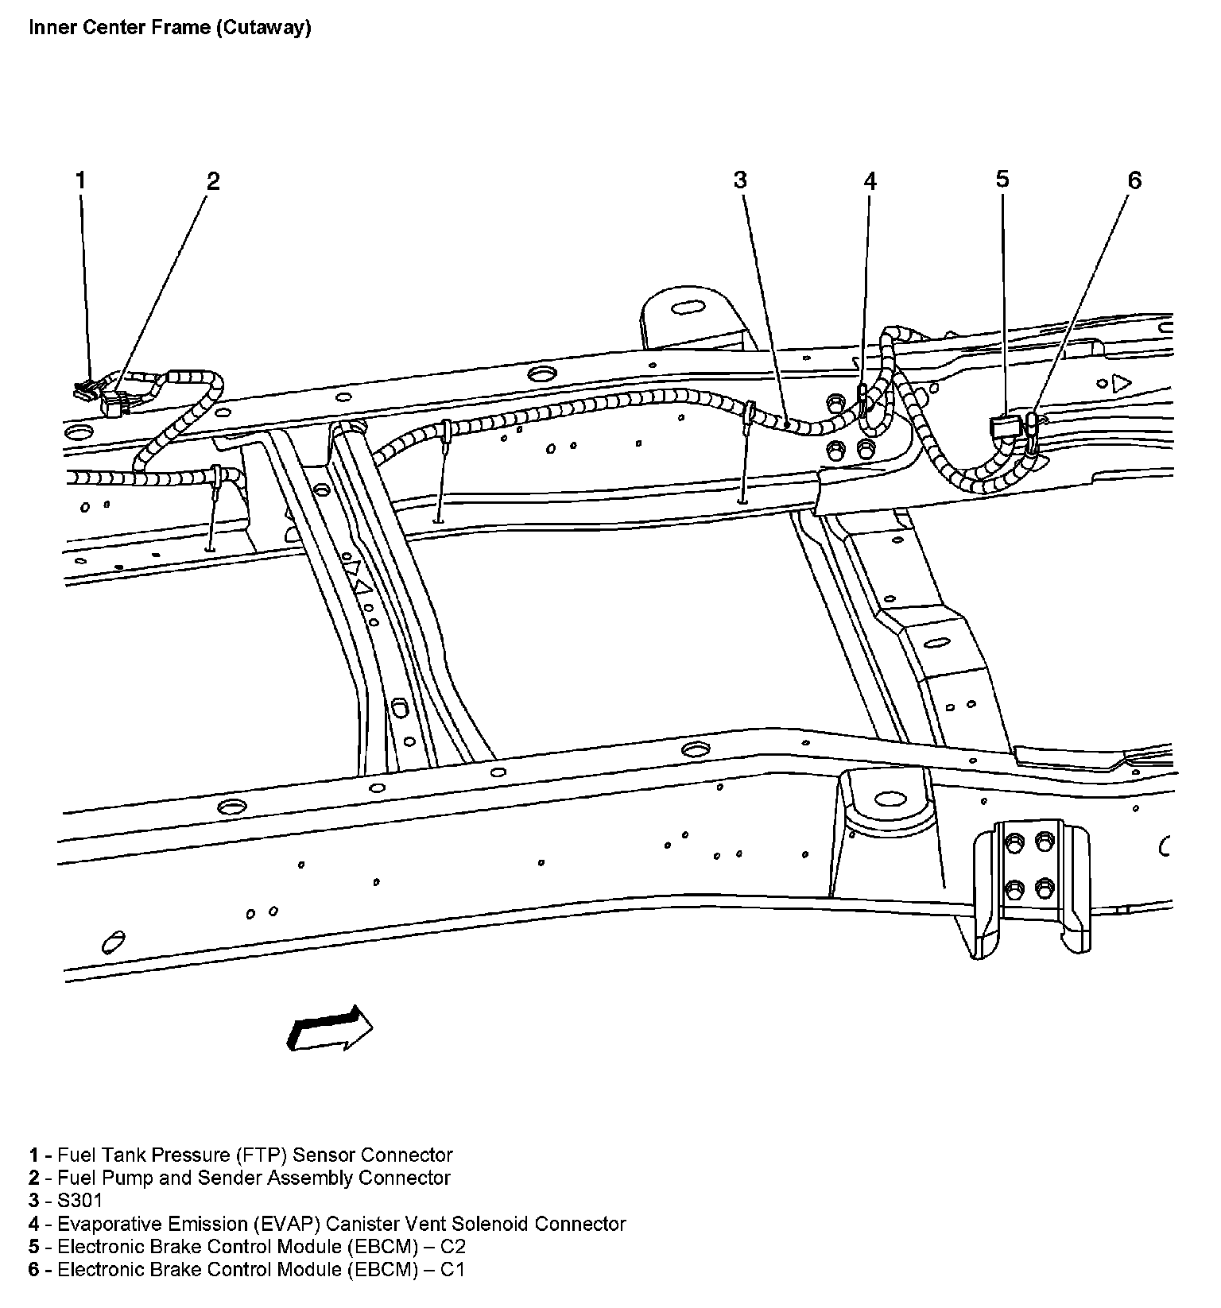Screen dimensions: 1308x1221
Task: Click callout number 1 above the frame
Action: pos(80,180)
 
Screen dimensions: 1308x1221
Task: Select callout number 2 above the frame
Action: pos(212,181)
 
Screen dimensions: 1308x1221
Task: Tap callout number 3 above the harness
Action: pos(740,180)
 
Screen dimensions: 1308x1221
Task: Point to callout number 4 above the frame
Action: pos(870,181)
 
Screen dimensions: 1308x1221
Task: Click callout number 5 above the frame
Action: pos(1002,180)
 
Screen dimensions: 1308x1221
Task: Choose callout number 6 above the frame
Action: pos(1134,181)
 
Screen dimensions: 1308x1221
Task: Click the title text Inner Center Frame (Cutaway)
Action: pos(169,28)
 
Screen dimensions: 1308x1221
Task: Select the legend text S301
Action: pos(79,1200)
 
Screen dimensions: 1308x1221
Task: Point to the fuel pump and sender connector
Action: pos(114,404)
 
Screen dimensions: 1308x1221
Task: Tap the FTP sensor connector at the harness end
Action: pos(84,389)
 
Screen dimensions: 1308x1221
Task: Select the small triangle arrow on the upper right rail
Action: pos(1121,383)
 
